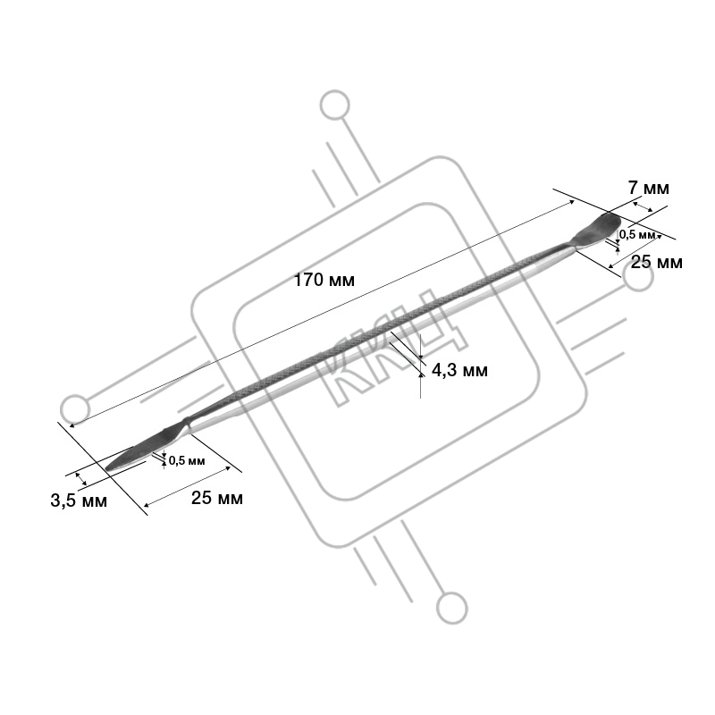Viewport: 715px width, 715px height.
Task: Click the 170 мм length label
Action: (x=324, y=280)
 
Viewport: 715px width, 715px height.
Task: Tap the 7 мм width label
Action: (x=649, y=188)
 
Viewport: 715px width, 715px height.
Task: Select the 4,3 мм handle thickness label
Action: (x=459, y=370)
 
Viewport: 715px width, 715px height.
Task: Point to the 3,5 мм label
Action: (x=79, y=500)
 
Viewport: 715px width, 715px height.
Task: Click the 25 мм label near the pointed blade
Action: (x=216, y=498)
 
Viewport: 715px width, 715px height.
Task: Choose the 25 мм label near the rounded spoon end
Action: (x=657, y=262)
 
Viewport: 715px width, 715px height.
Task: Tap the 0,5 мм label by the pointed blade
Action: (x=187, y=460)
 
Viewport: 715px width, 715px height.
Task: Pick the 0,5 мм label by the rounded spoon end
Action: (x=637, y=235)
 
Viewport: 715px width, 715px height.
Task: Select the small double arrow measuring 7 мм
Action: (x=642, y=207)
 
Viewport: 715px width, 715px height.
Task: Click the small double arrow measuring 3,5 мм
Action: (x=80, y=479)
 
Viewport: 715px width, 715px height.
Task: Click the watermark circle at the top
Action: (x=334, y=105)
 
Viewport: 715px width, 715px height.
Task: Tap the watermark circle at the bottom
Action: (x=452, y=609)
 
